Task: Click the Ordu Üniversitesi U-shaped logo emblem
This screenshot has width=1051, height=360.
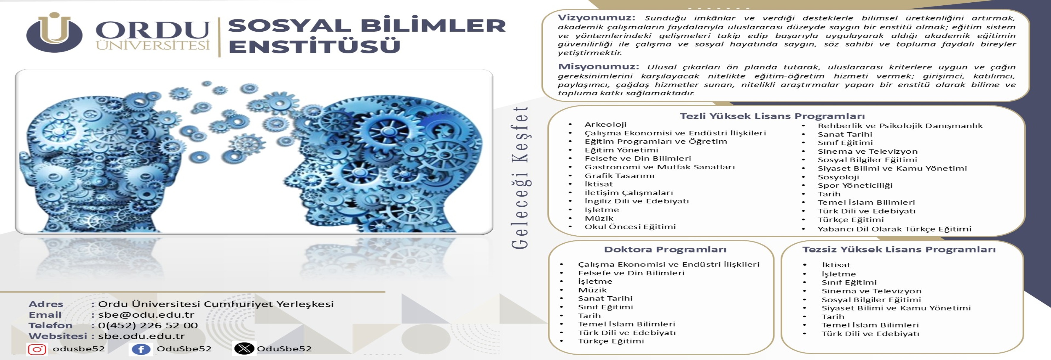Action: pos(54,33)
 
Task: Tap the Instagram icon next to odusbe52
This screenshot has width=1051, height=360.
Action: pos(37,349)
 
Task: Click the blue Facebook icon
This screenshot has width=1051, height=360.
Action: pos(141,349)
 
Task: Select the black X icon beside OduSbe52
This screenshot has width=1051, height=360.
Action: pos(244,348)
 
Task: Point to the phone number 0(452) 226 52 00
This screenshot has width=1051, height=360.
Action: pos(148,325)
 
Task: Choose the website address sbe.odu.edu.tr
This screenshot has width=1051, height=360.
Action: pos(141,336)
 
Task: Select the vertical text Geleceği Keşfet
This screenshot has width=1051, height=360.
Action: pos(520,178)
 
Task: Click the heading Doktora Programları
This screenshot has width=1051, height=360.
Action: pos(665,249)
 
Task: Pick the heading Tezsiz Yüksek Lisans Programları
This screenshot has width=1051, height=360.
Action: pos(899,249)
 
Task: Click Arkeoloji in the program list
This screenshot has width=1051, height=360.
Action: pos(605,124)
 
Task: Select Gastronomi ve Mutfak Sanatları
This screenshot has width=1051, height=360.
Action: pos(659,167)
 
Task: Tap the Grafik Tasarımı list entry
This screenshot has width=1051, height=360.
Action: pos(619,176)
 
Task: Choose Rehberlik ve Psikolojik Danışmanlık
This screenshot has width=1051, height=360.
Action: pos(900,126)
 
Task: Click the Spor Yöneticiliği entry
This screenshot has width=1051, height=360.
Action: pos(855,185)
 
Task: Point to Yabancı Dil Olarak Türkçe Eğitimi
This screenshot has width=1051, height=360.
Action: pos(894,229)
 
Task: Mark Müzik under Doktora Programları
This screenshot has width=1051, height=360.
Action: pos(592,290)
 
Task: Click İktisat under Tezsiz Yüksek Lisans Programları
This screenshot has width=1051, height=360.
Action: pos(836,265)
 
